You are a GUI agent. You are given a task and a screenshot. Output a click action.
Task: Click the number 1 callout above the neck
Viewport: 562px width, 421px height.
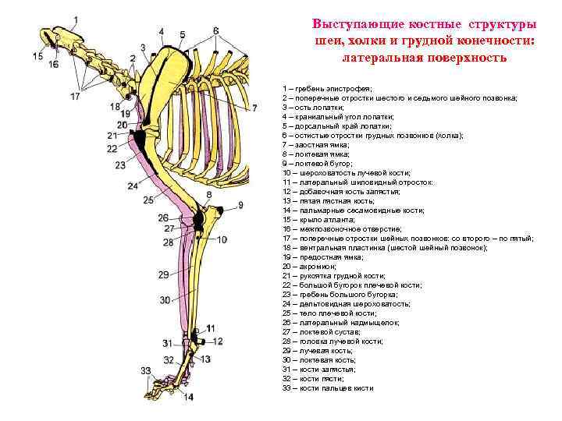coord(76,19)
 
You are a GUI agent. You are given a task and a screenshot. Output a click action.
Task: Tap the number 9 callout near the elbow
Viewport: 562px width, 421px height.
coord(241,205)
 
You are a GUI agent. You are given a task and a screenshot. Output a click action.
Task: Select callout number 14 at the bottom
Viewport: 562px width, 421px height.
coord(188,397)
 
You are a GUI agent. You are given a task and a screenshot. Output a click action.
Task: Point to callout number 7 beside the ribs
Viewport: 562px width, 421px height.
coord(254,108)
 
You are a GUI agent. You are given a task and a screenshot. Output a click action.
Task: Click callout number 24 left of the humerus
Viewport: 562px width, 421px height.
coord(133,186)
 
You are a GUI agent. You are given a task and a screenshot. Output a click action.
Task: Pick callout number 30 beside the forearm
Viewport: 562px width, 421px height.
coord(165,300)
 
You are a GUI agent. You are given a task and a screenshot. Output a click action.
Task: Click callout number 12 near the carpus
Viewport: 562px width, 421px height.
coord(218,341)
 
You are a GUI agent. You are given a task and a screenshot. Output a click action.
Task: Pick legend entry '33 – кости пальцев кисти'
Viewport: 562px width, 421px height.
coord(328,387)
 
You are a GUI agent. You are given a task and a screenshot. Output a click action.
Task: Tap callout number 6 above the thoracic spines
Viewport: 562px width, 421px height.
coord(215,30)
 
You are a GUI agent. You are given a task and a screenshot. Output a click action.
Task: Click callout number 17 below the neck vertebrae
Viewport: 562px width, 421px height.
coord(76,97)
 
